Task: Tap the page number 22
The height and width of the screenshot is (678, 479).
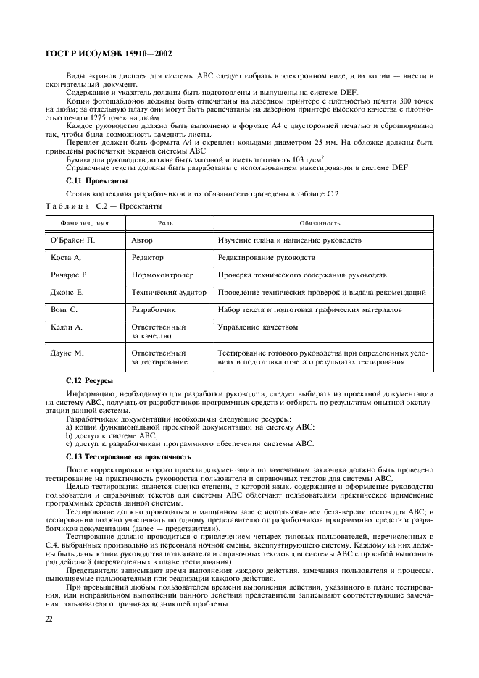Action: tap(50, 618)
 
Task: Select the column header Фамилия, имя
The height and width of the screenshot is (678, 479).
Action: tap(83, 223)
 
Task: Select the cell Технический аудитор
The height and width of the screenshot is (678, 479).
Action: tap(168, 293)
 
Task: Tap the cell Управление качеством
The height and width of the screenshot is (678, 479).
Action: tap(258, 327)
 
